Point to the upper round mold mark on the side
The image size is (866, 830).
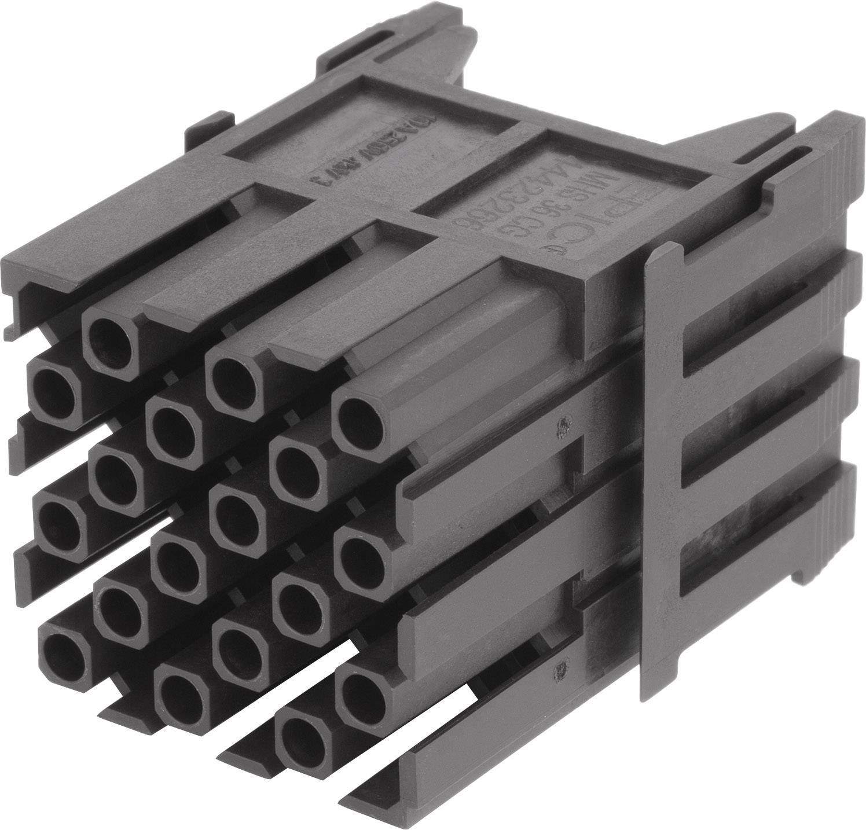click(x=560, y=428)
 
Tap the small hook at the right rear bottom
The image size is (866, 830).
click(x=802, y=576)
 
